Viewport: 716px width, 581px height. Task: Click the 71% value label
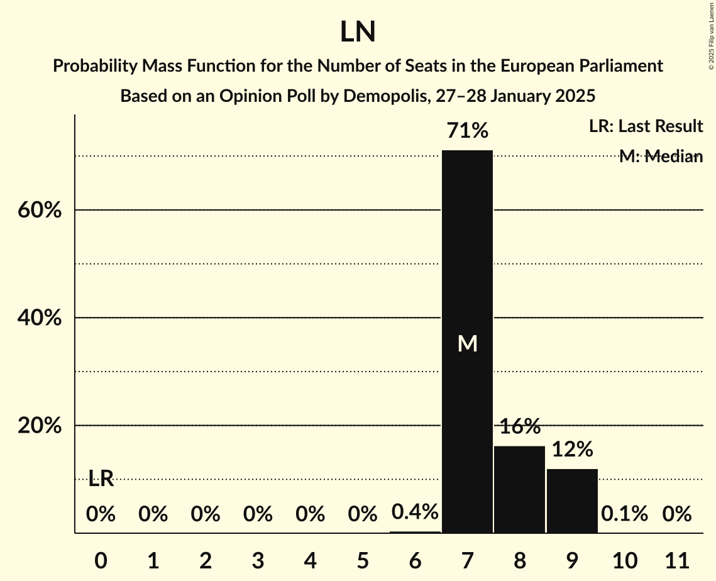[x=467, y=131]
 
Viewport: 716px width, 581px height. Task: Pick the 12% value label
[x=572, y=450]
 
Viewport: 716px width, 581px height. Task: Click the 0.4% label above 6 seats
[x=415, y=512]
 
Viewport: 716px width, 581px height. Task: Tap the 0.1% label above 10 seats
[x=624, y=514]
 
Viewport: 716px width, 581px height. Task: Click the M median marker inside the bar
[x=467, y=343]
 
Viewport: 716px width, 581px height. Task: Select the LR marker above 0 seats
[x=101, y=479]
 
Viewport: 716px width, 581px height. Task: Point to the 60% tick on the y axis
[x=40, y=210]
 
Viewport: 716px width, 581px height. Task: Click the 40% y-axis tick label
[x=40, y=318]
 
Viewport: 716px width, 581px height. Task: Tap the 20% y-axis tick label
[x=40, y=426]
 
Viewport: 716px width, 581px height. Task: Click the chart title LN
[x=358, y=33]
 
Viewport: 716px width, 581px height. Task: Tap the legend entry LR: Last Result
[x=646, y=126]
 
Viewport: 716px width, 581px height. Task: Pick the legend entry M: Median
[x=661, y=157]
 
